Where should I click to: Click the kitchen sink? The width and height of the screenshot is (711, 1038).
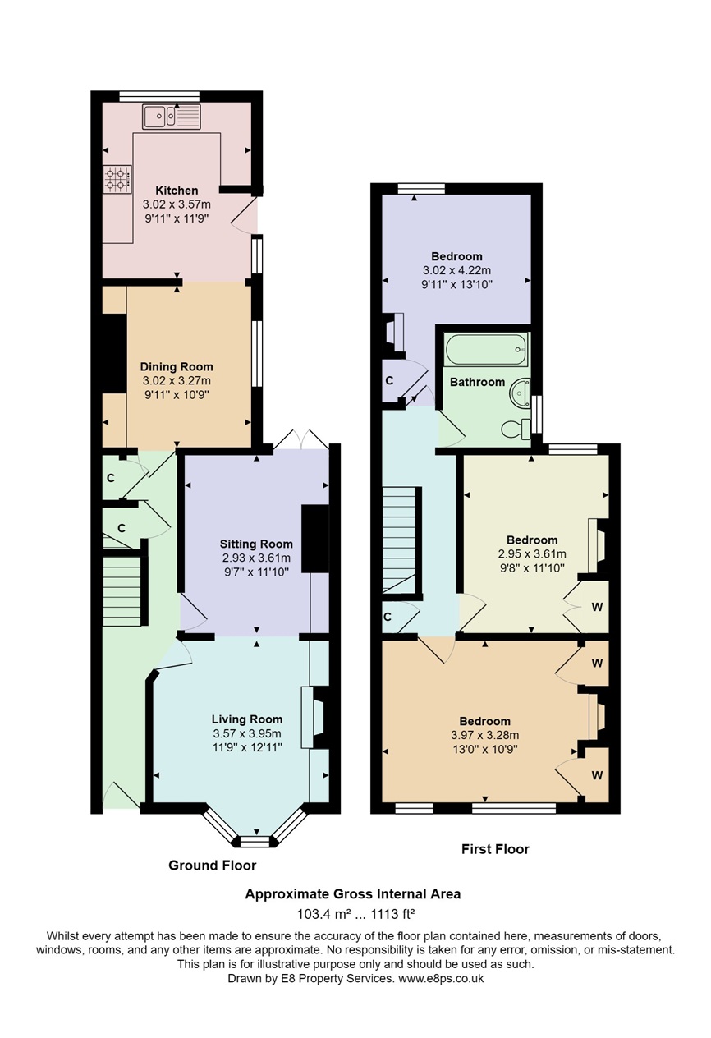pos(172,117)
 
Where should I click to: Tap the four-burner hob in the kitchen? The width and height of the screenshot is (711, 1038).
pos(117,180)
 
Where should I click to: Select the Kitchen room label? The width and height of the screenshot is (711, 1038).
pos(177,191)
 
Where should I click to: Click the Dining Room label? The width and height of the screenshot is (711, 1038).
pos(177,366)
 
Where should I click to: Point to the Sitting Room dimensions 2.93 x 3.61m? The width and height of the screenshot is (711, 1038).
pos(256,558)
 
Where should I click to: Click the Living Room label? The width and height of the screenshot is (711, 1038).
pos(247,719)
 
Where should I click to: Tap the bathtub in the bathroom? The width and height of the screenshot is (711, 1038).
pos(486,350)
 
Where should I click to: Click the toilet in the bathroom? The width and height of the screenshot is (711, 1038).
pos(516,429)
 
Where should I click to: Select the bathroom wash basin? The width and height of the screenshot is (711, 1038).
pos(520,393)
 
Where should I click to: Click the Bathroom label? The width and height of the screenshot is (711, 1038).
pos(477,382)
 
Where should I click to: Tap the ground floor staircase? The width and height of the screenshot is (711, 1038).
pos(122,592)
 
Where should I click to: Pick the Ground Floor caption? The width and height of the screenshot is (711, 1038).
pos(212,866)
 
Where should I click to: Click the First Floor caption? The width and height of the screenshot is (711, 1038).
pos(495,849)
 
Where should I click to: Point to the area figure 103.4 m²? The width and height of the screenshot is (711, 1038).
pos(323,914)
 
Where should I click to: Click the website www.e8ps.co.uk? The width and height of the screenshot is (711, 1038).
pos(441,978)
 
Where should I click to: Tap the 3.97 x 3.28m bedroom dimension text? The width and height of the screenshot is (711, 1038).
pos(485,735)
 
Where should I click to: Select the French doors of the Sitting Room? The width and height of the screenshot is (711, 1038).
pos(301,439)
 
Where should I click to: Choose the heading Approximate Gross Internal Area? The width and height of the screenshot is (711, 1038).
pos(353,894)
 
